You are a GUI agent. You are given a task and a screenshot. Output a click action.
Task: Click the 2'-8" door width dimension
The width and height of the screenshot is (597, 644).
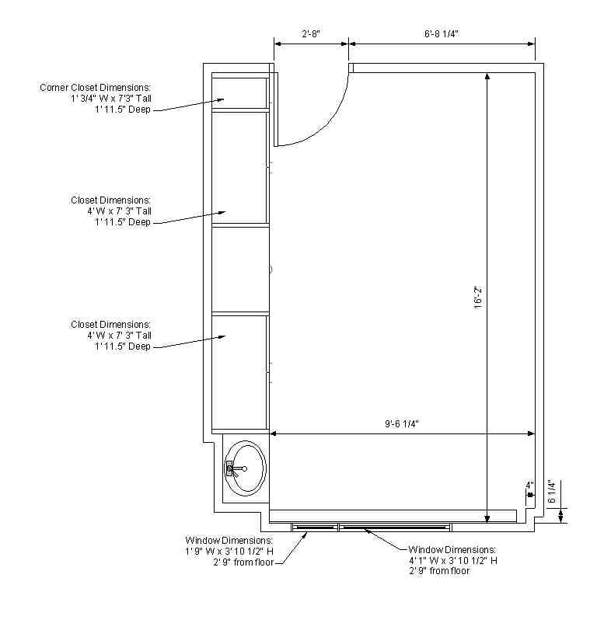pos(311,33)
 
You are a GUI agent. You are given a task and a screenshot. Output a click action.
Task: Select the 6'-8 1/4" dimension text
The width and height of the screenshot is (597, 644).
pos(442,33)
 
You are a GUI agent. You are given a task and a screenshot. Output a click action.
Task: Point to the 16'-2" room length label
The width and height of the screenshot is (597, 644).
pos(478,298)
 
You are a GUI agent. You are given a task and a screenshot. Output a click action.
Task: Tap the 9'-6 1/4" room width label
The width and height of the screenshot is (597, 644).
pos(402,424)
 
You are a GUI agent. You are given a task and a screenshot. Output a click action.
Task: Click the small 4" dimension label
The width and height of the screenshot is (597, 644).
pos(529,485)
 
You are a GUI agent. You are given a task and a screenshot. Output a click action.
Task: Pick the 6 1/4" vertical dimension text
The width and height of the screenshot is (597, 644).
pos(552,492)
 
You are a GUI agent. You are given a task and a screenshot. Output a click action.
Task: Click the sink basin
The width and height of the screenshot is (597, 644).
pos(246,468)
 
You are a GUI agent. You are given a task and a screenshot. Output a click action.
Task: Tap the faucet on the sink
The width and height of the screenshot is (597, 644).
pos(235,468)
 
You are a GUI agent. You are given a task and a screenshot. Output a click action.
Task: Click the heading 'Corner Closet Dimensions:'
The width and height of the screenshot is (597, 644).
pos(96,88)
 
